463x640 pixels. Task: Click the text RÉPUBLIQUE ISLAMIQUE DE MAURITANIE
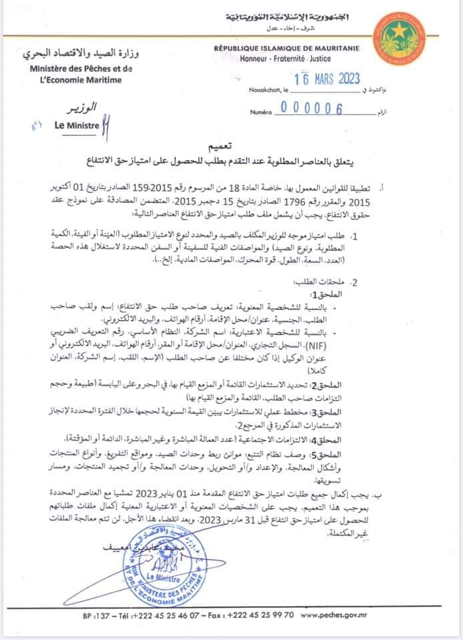click(288, 49)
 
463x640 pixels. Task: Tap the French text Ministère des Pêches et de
click(81, 69)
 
